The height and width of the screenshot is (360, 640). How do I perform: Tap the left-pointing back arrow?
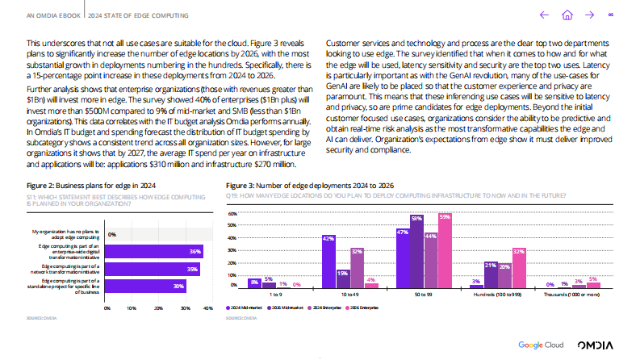click(544, 14)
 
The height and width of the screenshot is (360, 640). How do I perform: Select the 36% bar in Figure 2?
click(153, 252)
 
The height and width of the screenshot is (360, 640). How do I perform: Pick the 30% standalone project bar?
click(146, 286)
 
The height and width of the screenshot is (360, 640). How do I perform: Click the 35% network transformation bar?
click(153, 269)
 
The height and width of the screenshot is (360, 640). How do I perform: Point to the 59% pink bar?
click(445, 251)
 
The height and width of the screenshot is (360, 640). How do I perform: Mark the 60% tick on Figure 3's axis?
click(232, 215)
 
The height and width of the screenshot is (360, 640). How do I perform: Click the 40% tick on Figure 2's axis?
click(207, 308)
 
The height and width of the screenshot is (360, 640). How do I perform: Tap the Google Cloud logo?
click(541, 344)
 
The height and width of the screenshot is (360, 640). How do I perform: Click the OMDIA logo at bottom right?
click(597, 344)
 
